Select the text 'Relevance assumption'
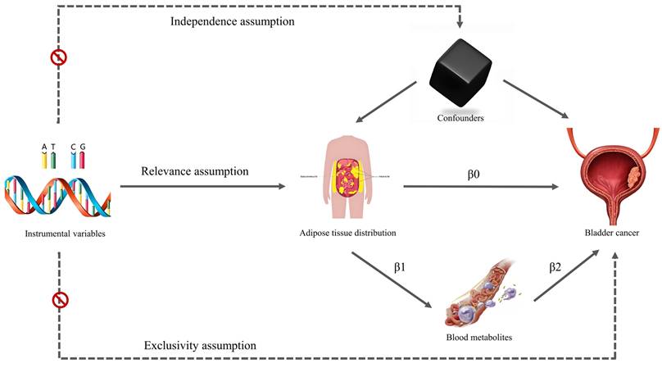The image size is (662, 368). (x=194, y=171)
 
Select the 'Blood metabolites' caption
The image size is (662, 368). (x=474, y=337)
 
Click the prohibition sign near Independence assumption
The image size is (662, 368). (x=59, y=57)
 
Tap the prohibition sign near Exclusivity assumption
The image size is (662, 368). (x=59, y=301)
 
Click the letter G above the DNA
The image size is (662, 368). (x=82, y=147)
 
